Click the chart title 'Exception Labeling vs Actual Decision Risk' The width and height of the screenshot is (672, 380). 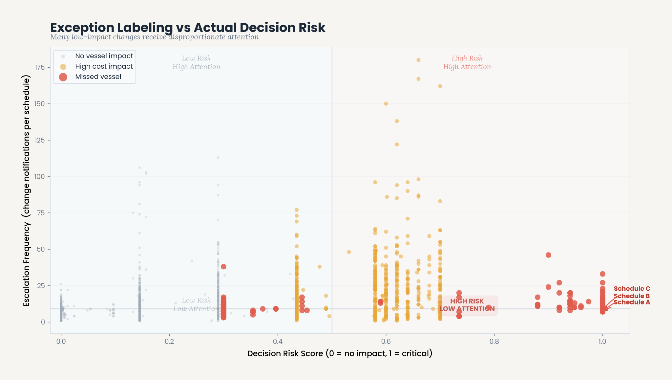(x=188, y=28)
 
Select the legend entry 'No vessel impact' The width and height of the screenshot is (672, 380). (x=104, y=56)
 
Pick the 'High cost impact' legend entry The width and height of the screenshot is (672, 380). (x=104, y=66)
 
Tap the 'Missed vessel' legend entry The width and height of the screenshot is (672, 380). (x=98, y=77)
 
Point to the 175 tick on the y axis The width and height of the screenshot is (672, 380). (x=40, y=67)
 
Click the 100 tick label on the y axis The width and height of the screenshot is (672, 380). (x=40, y=177)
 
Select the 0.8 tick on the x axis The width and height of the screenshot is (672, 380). (x=494, y=342)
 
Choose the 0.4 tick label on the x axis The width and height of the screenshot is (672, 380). (x=278, y=342)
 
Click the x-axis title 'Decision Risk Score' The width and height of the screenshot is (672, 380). (x=340, y=354)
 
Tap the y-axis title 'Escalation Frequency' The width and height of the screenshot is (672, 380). (x=27, y=190)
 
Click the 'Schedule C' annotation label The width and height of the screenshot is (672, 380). (x=632, y=289)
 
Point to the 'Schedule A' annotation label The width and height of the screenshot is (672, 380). (x=632, y=302)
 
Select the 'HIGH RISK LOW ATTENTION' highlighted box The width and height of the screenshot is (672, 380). (x=467, y=305)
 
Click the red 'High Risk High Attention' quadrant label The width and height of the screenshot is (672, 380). (x=467, y=62)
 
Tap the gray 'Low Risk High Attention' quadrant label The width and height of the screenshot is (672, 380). (x=196, y=62)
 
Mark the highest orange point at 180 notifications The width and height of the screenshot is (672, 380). (x=418, y=60)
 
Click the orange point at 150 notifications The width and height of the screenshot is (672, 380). (x=386, y=104)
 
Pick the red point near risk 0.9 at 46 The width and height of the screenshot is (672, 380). (x=548, y=255)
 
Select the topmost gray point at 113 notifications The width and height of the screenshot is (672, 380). (x=218, y=158)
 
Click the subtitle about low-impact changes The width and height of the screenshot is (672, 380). (x=155, y=37)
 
